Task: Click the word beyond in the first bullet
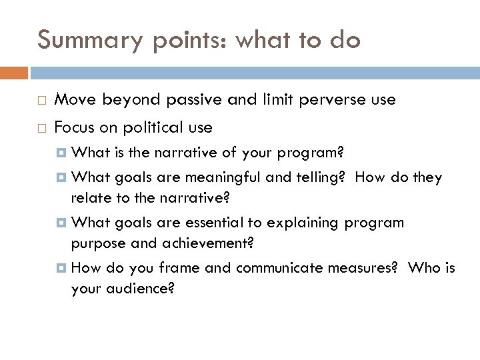(x=131, y=100)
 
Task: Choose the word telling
(x=275, y=177)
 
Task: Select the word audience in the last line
(x=142, y=288)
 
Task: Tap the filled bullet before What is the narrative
(x=63, y=153)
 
